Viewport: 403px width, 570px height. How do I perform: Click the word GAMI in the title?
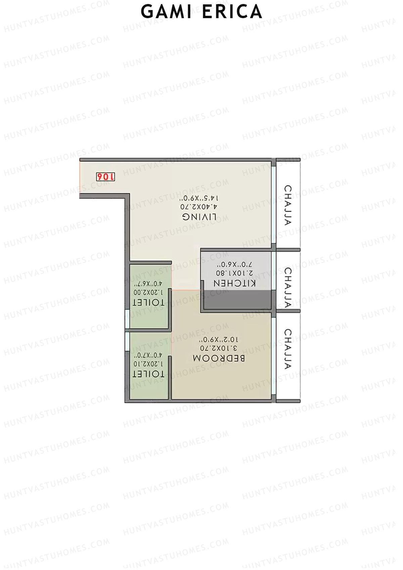click(x=163, y=12)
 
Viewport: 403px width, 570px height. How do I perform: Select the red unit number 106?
click(x=105, y=177)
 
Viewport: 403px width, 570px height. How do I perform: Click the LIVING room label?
click(x=199, y=217)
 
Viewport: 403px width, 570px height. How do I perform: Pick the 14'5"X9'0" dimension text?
click(x=200, y=198)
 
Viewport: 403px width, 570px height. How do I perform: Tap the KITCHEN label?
click(x=235, y=283)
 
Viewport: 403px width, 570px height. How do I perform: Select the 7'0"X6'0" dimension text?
click(x=235, y=264)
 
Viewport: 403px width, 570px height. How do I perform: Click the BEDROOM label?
click(x=219, y=358)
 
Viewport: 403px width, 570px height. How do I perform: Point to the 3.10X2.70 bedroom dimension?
click(x=219, y=348)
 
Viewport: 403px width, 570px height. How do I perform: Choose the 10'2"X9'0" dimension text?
click(x=219, y=340)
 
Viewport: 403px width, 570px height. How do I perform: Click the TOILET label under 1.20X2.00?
click(x=148, y=302)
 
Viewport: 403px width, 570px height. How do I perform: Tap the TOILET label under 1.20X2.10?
click(x=148, y=374)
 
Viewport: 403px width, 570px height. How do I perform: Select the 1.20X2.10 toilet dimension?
click(x=148, y=364)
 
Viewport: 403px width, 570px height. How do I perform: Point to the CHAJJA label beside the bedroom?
click(x=288, y=349)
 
